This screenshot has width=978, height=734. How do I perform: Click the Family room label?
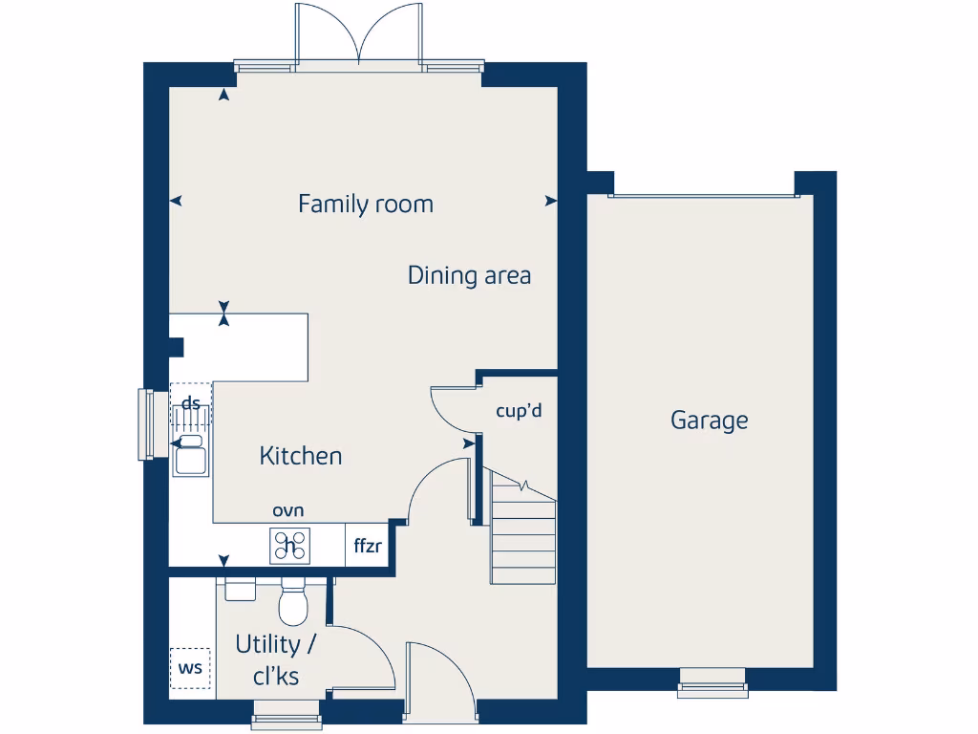point(365,204)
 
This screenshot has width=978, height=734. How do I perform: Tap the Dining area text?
point(469,275)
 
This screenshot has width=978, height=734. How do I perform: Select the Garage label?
point(709,420)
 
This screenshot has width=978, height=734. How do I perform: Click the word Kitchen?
point(300,456)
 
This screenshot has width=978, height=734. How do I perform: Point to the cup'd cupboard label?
point(519,411)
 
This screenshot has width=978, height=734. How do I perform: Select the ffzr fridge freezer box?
point(368,547)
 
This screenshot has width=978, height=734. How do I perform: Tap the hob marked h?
point(290,546)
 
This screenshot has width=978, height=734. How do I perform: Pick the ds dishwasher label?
point(191,403)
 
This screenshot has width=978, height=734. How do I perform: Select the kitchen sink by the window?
point(190,456)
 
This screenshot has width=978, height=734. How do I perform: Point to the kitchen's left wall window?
point(146,422)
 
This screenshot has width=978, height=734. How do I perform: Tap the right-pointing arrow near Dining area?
point(550,201)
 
